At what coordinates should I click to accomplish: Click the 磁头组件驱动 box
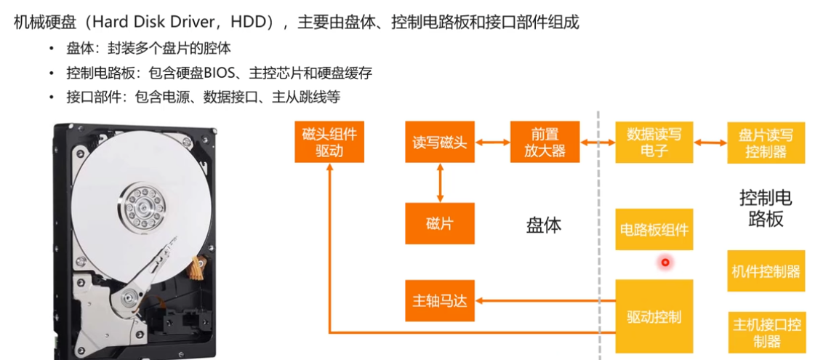click(329, 142)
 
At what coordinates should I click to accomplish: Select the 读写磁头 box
click(439, 142)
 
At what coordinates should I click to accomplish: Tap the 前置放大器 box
click(545, 142)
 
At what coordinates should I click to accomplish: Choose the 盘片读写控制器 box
click(766, 143)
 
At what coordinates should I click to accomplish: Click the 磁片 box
click(439, 223)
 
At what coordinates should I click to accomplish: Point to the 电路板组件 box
click(654, 229)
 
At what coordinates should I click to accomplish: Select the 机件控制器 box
click(766, 271)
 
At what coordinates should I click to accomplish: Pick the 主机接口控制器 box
click(766, 332)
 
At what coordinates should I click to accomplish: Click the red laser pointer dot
click(665, 262)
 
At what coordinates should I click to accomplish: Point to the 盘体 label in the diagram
click(544, 225)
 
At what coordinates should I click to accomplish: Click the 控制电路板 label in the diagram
click(766, 207)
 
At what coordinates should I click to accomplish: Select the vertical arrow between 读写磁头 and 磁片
click(439, 182)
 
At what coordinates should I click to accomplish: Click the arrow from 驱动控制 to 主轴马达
click(545, 299)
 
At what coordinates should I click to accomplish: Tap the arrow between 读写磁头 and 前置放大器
click(492, 143)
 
